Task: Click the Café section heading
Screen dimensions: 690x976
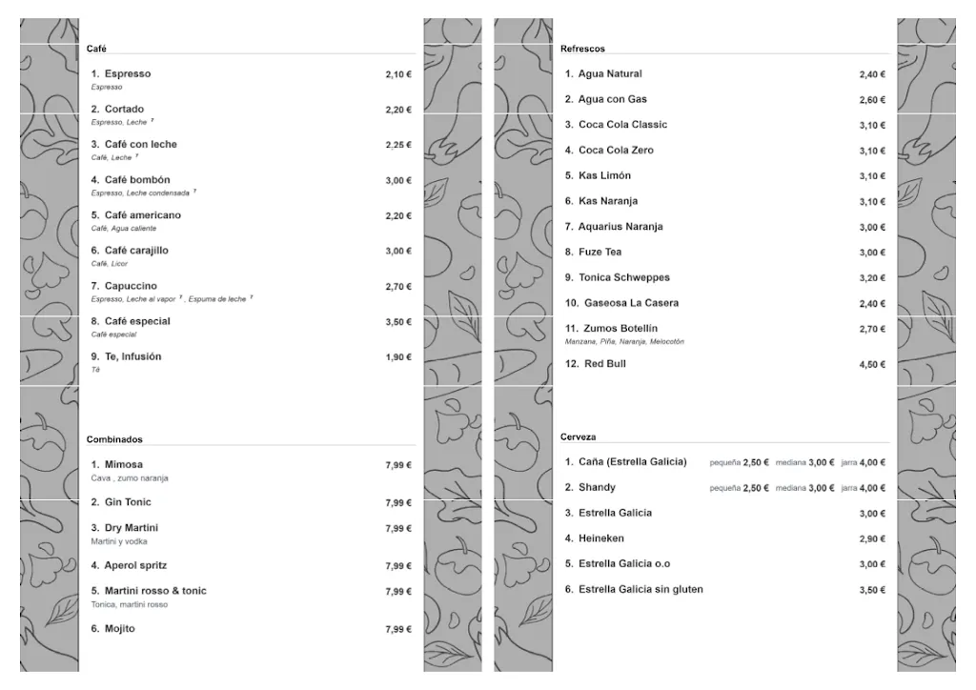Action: [x=96, y=49]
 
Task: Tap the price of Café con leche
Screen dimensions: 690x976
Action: [x=398, y=145]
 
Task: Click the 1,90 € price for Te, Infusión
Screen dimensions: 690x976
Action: [x=398, y=357]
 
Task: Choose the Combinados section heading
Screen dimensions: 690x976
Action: [x=114, y=439]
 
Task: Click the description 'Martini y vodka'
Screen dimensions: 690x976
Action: [x=119, y=541]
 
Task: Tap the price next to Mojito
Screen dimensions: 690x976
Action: [x=398, y=630]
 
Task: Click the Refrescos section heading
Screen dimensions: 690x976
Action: [x=582, y=49]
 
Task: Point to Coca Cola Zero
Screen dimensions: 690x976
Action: [x=616, y=151]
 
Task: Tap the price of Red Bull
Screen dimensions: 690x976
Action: [x=872, y=365]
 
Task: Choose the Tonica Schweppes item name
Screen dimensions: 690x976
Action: [x=623, y=277]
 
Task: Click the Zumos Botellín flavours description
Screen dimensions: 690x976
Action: [x=624, y=341]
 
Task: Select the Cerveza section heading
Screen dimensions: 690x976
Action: [x=579, y=436]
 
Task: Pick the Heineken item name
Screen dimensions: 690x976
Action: [x=601, y=538]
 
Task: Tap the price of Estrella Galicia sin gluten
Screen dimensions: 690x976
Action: [x=872, y=590]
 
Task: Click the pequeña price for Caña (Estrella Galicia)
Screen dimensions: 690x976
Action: [x=756, y=462]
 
